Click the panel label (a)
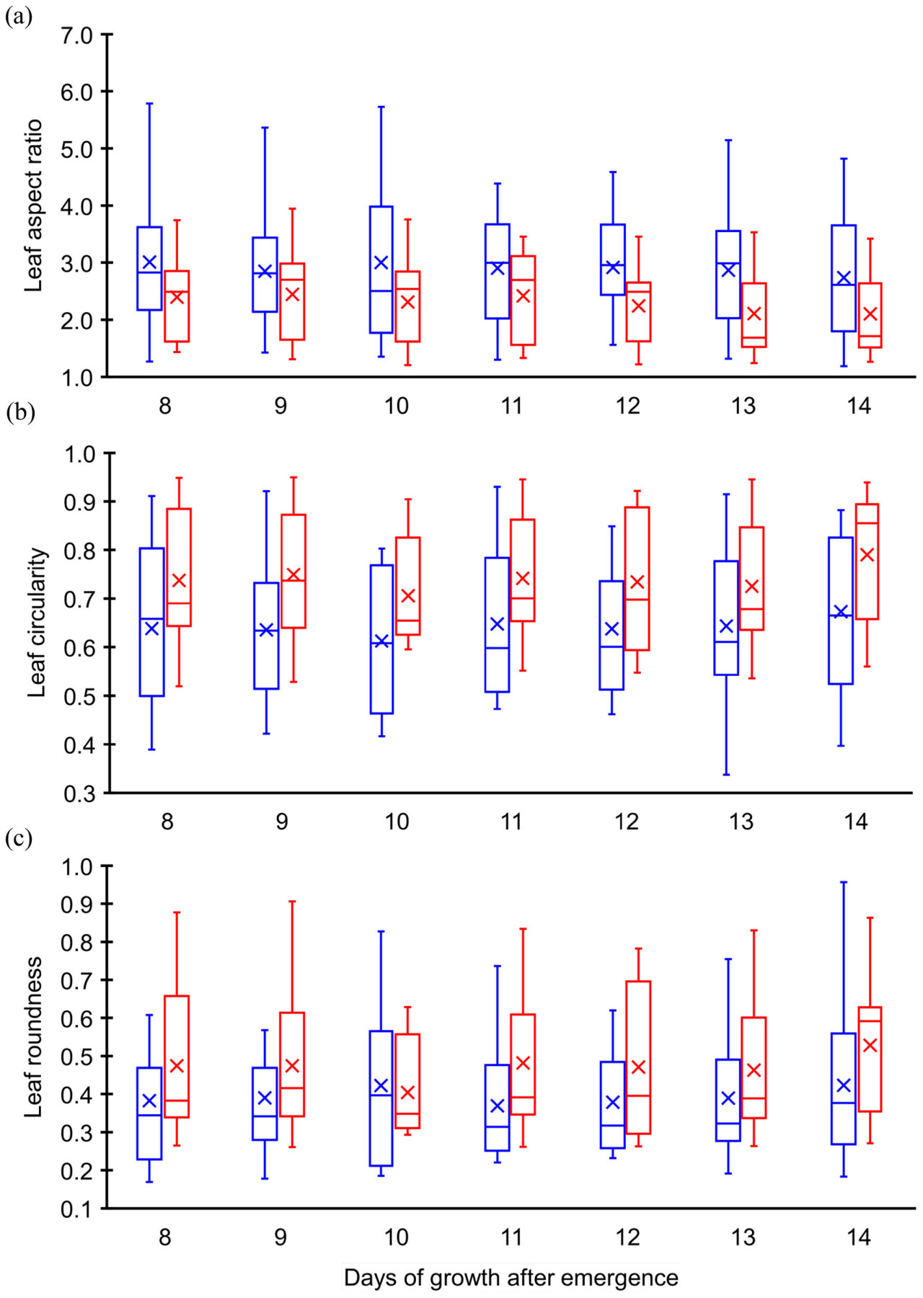[x=18, y=17]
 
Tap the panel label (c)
[x=18, y=839]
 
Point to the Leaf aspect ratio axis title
[x=34, y=206]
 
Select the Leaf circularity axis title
[x=37, y=623]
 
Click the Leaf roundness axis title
[x=34, y=1037]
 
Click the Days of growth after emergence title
[x=511, y=1278]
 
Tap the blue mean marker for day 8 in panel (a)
[x=149, y=262]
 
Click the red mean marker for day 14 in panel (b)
[x=867, y=554]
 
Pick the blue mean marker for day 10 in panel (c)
[x=381, y=1085]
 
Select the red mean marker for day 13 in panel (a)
[x=754, y=314]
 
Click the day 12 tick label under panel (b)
[x=627, y=822]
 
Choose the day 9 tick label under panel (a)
[x=281, y=406]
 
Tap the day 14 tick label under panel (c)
[x=858, y=1237]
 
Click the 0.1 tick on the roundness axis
[x=77, y=1209]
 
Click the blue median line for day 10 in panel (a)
[x=381, y=291]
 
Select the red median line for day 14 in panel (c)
[x=870, y=1021]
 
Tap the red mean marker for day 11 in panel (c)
[x=523, y=1063]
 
